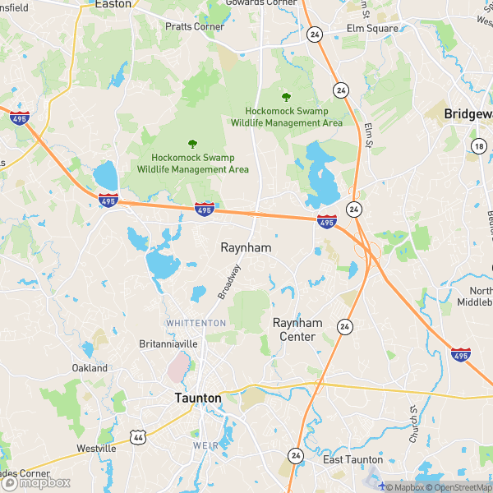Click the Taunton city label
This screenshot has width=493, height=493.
(x=198, y=398)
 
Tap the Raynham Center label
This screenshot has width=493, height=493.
(x=297, y=329)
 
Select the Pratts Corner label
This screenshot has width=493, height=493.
(x=195, y=27)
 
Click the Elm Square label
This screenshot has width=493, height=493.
(x=372, y=28)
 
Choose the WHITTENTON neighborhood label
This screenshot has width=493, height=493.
(x=196, y=324)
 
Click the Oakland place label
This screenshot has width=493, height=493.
(x=90, y=368)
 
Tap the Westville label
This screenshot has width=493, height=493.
(x=96, y=449)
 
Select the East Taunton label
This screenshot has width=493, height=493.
(x=352, y=459)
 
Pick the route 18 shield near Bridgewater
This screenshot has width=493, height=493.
(x=478, y=146)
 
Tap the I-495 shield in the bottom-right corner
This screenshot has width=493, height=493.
(x=460, y=355)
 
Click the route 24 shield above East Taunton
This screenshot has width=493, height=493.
(x=295, y=454)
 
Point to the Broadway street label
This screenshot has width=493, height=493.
(x=229, y=280)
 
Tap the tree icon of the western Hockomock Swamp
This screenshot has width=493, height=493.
(x=192, y=144)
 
